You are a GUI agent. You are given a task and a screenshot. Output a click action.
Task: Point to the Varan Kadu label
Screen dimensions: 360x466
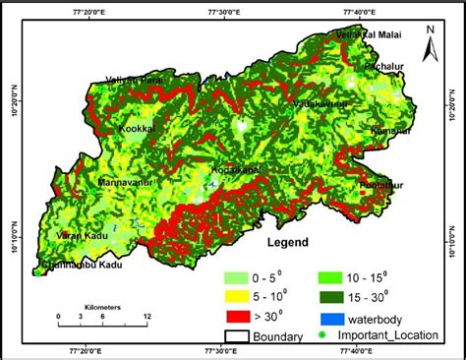coord(79,236)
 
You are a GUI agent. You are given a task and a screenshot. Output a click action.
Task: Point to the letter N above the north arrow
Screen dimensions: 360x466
coord(429,30)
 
